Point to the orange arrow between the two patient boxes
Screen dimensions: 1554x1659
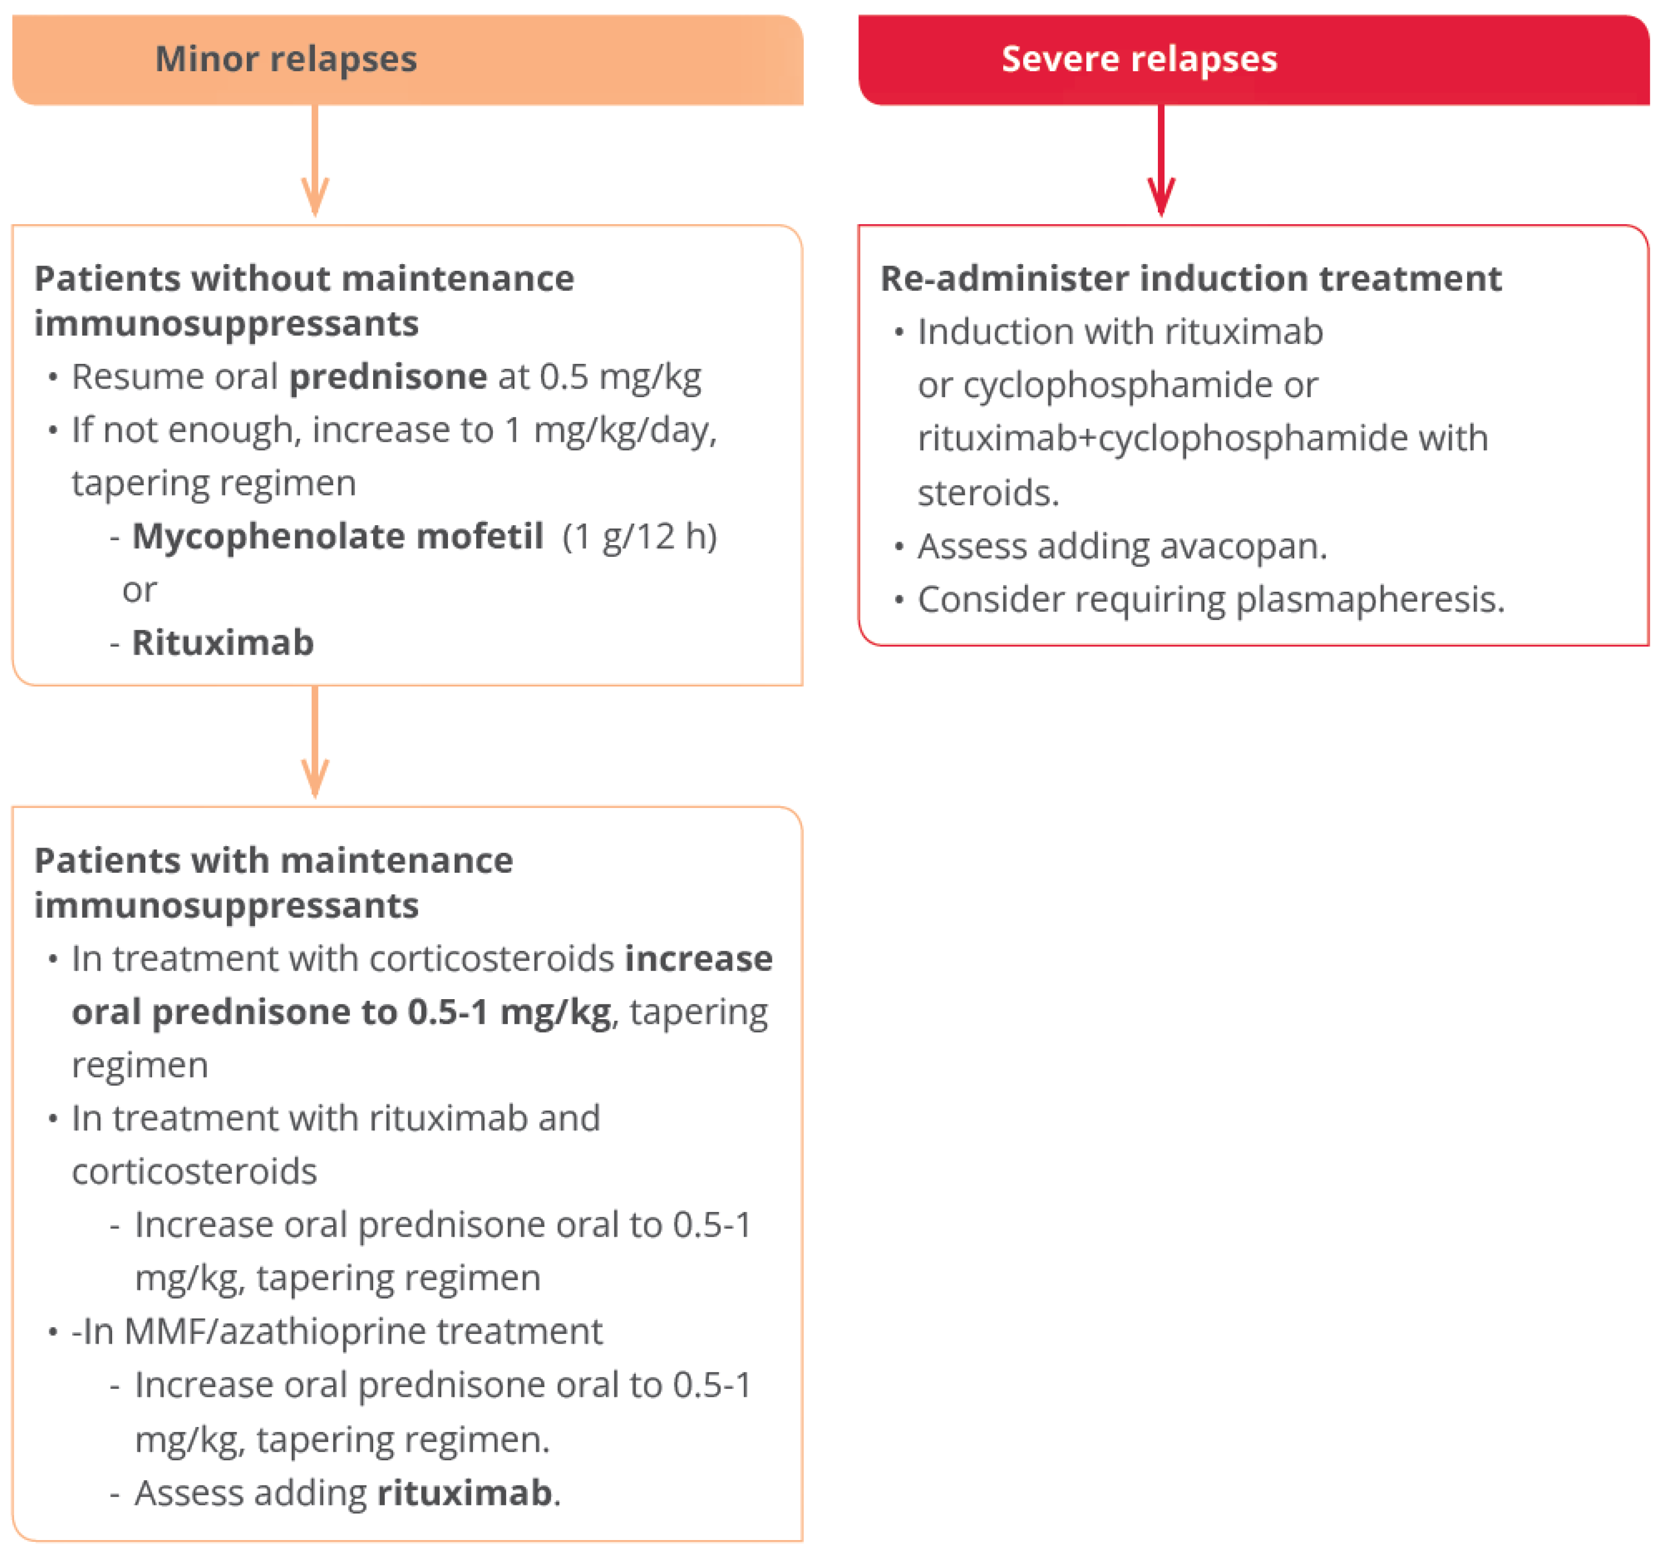click(x=315, y=742)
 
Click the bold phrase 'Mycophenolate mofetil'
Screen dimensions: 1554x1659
click(x=338, y=536)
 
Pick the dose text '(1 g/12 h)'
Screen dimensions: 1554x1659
click(x=639, y=536)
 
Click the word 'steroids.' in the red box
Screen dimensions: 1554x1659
click(x=988, y=492)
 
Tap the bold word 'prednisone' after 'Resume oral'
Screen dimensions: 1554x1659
click(x=388, y=376)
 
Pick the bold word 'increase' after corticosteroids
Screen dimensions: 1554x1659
click(x=699, y=959)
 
